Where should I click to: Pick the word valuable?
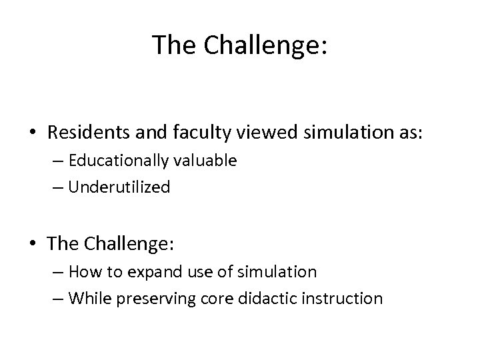[205, 161]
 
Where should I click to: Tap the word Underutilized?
[119, 187]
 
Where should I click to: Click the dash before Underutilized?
[57, 188]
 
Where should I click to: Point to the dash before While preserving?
[57, 299]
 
